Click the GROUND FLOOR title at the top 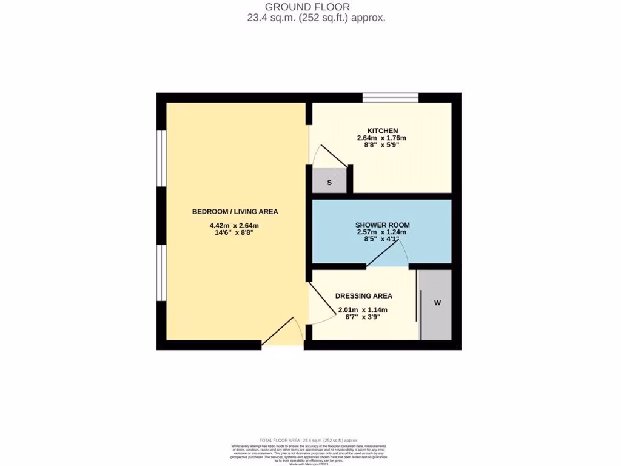(x=316, y=7)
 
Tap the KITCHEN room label (x=382, y=130)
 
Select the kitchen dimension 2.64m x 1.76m (x=382, y=138)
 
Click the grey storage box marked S (x=329, y=182)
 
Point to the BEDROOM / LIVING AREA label (x=235, y=212)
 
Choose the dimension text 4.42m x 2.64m (x=235, y=226)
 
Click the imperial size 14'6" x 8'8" (x=235, y=234)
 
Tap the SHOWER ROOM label (x=382, y=225)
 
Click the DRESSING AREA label (x=364, y=296)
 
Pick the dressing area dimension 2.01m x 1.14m (x=363, y=309)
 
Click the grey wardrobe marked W (x=437, y=302)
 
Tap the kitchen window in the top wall (x=391, y=98)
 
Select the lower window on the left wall (x=161, y=272)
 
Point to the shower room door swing (x=386, y=252)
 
